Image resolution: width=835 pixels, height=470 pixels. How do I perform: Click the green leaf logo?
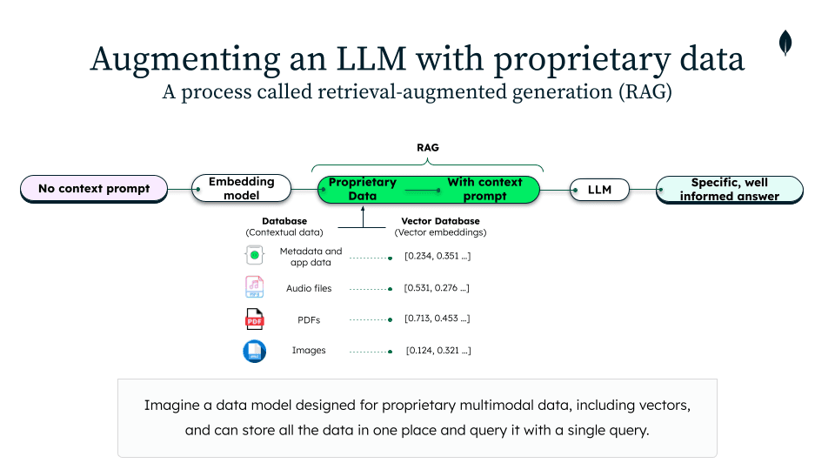[x=785, y=43]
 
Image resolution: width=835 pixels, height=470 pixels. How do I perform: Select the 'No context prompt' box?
[x=94, y=189]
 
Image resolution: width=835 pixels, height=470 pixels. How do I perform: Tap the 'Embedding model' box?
[x=241, y=189]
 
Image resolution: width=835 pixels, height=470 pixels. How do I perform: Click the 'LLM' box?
[x=599, y=190]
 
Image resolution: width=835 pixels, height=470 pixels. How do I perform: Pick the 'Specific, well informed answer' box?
[x=729, y=190]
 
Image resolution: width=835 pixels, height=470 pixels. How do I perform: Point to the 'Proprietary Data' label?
[x=363, y=189]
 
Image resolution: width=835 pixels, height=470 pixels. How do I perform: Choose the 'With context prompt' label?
[x=484, y=189]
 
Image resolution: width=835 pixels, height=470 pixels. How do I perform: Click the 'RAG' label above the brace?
[x=427, y=148]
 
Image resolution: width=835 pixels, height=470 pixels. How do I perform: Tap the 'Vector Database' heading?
[x=440, y=221]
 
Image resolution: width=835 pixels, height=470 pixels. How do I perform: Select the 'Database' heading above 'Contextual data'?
[x=284, y=221]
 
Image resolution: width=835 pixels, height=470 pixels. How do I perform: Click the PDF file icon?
[x=254, y=320]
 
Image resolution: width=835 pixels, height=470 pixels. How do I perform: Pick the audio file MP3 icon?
[x=254, y=287]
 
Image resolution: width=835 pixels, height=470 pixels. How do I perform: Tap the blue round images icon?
[x=254, y=352]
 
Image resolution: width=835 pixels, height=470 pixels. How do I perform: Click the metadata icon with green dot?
[x=254, y=256]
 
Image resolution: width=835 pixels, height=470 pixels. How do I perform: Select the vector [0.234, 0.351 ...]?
[x=438, y=256]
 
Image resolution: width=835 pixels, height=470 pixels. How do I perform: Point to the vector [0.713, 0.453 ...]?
[x=438, y=319]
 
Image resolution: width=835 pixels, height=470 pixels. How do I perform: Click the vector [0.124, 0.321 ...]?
[x=438, y=351]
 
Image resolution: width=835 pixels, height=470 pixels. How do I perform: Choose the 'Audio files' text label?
[x=309, y=288]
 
